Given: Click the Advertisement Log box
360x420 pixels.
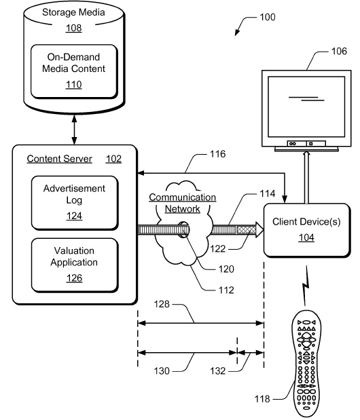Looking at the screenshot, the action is point(75,203).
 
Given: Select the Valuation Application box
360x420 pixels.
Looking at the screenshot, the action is point(75,265).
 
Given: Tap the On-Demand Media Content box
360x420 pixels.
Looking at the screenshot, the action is point(74,71).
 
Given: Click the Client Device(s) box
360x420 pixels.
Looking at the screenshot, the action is point(307,231).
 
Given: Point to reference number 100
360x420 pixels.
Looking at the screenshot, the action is point(268,17).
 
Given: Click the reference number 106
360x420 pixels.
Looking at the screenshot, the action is point(339,51).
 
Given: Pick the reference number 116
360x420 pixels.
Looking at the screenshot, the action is point(217,154).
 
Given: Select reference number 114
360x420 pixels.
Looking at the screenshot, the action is point(267,193).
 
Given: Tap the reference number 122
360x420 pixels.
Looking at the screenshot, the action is point(217,249).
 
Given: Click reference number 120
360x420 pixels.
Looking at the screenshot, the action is point(226,269).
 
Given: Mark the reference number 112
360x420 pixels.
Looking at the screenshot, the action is point(226,290).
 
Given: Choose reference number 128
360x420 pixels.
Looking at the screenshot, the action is point(162,304).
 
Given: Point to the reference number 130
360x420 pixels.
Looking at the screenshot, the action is point(162,371).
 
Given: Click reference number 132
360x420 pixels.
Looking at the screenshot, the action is point(217,371).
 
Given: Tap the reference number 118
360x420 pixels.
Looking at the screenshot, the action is point(262,399).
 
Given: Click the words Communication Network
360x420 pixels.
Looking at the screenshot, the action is point(183,203).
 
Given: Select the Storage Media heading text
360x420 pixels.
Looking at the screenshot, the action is point(73,12).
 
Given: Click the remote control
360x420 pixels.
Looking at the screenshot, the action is point(306,364).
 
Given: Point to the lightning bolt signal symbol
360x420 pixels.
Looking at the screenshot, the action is point(306,286).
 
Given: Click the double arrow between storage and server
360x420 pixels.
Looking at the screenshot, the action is point(74,130).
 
